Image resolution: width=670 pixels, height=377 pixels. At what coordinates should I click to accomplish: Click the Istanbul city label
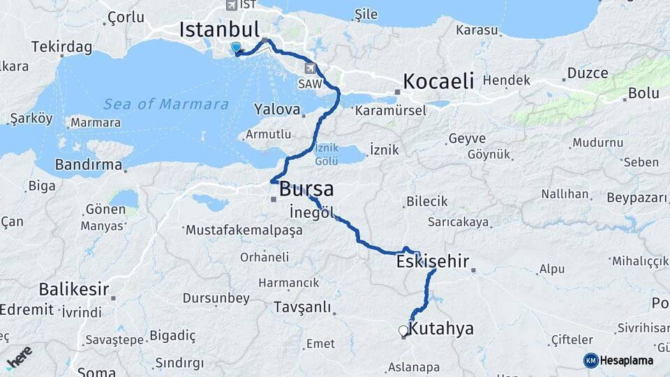pyautogui.click(x=219, y=29)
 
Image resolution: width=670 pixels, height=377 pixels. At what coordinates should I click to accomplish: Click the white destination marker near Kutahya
pyautogui.click(x=403, y=331)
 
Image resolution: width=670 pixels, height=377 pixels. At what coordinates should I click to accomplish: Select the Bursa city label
pyautogui.click(x=306, y=189)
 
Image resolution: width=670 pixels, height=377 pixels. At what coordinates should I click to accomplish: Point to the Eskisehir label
pyautogui.click(x=432, y=262)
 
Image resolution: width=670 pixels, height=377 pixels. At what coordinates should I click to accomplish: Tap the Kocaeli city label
pyautogui.click(x=438, y=80)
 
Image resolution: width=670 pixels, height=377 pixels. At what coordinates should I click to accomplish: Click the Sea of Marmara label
pyautogui.click(x=166, y=104)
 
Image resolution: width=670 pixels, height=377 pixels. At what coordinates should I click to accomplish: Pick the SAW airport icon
pyautogui.click(x=310, y=68)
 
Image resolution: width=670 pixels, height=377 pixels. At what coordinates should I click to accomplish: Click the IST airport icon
pyautogui.click(x=231, y=5)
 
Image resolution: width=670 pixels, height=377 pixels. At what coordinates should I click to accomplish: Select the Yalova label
pyautogui.click(x=277, y=110)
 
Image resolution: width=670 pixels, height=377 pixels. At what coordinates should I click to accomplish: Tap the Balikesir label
pyautogui.click(x=74, y=288)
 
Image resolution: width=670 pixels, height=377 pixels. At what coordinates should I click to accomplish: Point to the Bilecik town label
pyautogui.click(x=426, y=201)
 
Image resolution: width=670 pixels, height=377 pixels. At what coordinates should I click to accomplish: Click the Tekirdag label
pyautogui.click(x=61, y=47)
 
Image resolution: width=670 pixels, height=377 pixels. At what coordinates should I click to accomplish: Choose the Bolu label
pyautogui.click(x=643, y=93)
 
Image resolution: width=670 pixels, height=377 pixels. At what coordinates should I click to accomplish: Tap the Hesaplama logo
pyautogui.click(x=618, y=360)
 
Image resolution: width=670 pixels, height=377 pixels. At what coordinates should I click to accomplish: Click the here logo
pyautogui.click(x=19, y=357)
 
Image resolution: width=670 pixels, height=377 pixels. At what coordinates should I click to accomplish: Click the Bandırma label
pyautogui.click(x=89, y=165)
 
